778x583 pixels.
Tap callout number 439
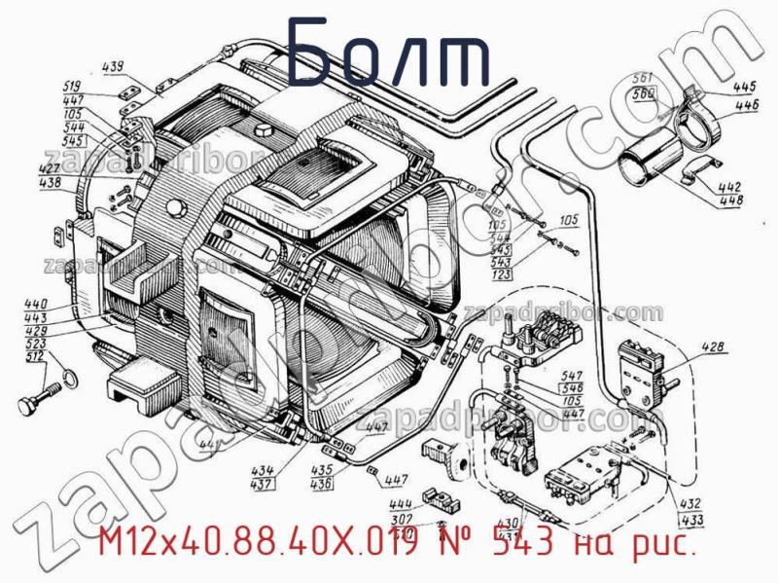[x=114, y=67]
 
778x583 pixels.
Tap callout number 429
[x=36, y=331]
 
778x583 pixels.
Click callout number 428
[x=713, y=346]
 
